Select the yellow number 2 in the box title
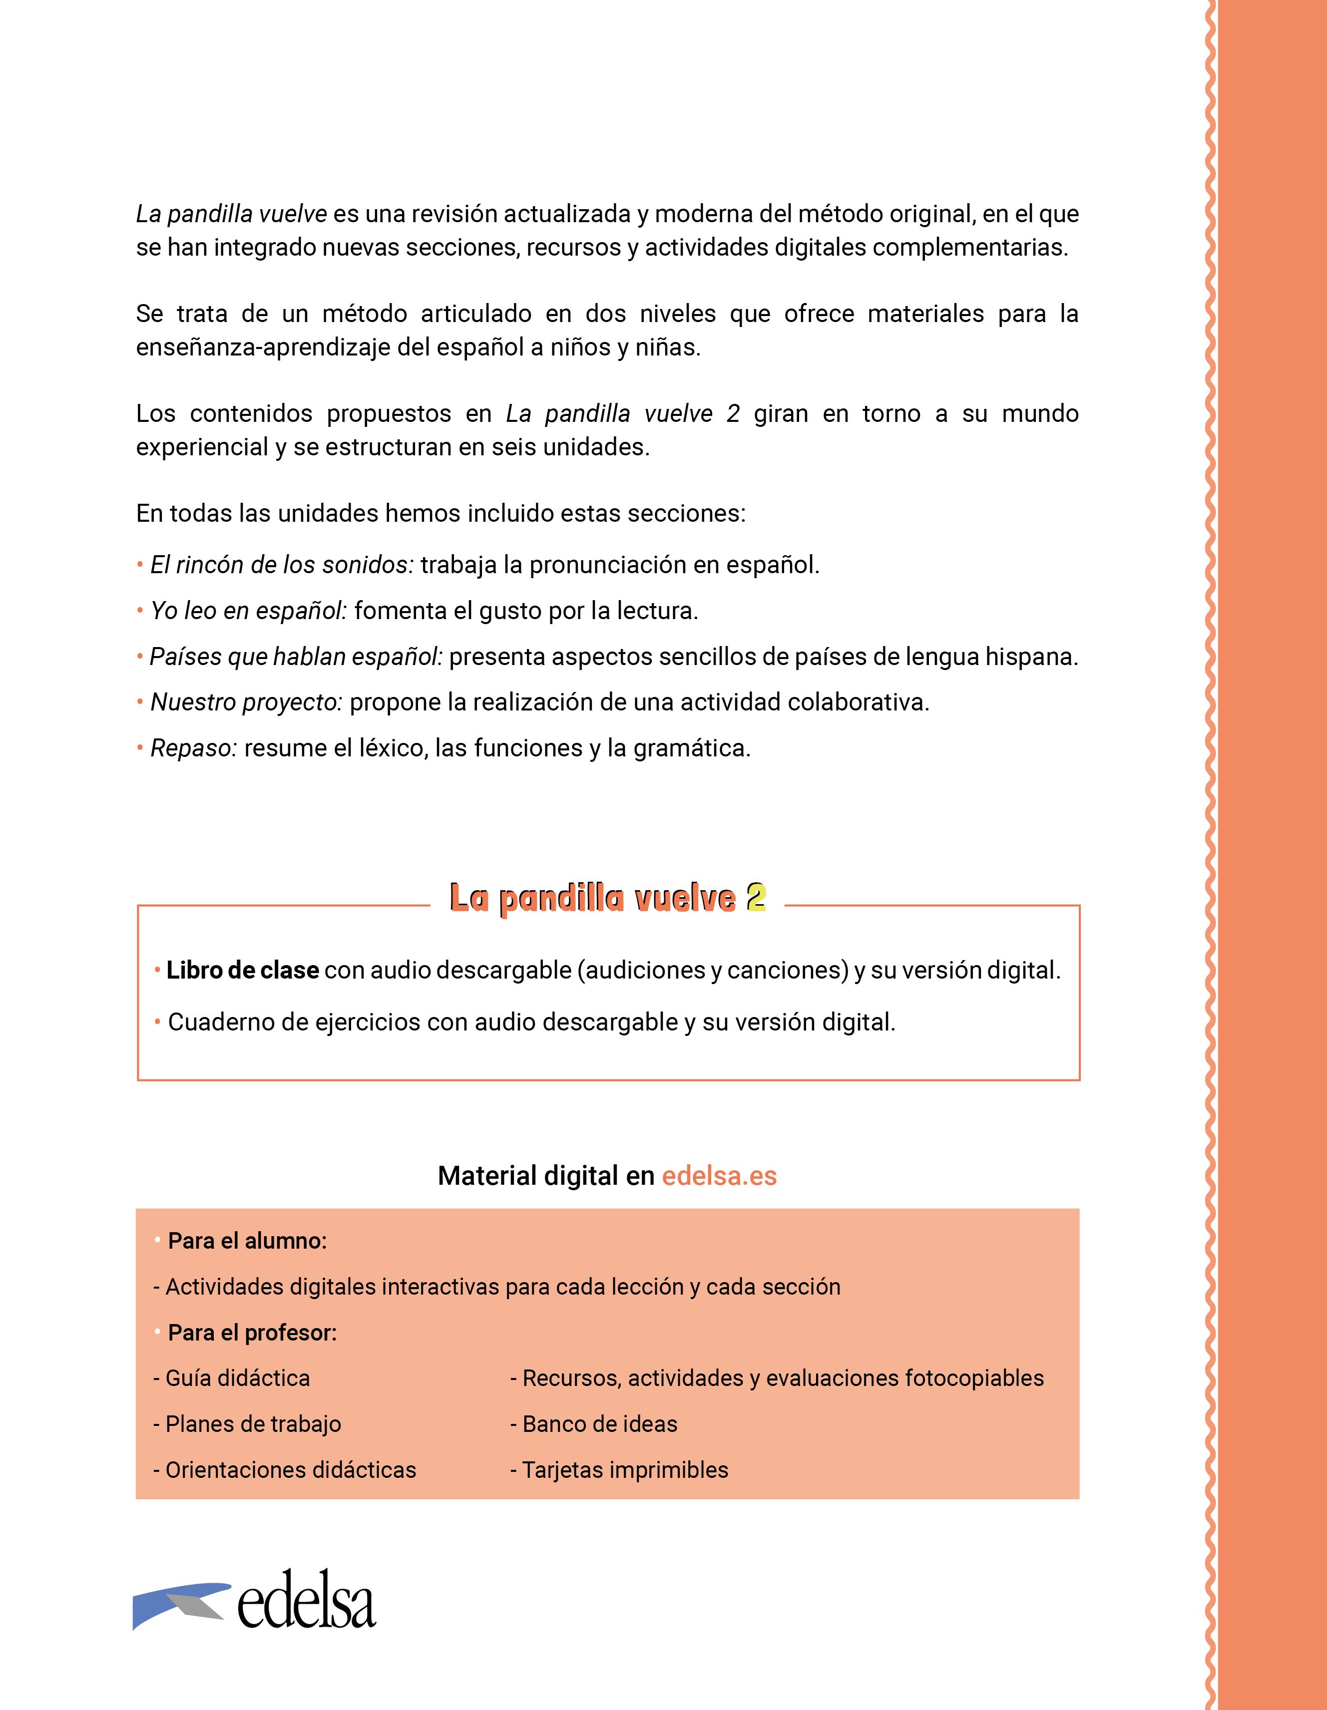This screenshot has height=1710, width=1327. (755, 898)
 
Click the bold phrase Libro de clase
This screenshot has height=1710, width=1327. (243, 970)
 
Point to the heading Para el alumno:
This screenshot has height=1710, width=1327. (247, 1241)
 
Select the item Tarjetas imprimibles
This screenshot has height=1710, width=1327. (625, 1470)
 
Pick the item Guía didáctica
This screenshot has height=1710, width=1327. (237, 1378)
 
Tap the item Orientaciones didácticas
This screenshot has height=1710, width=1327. (291, 1470)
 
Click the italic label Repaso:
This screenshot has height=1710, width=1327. (193, 748)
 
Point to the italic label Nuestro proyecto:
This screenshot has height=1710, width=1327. (247, 702)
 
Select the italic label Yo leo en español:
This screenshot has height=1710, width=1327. (248, 611)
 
